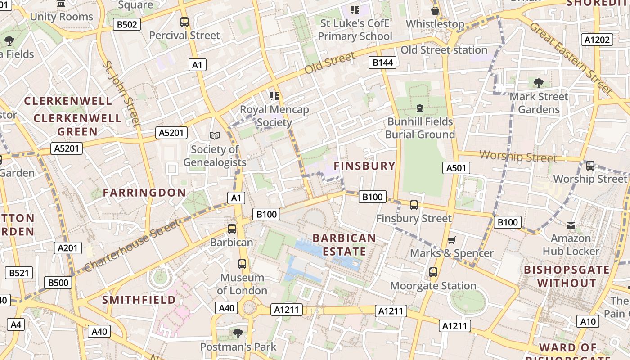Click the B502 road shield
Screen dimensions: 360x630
click(126, 24)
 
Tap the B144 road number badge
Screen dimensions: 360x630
click(383, 63)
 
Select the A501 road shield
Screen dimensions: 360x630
click(456, 168)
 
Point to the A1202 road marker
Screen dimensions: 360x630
click(597, 40)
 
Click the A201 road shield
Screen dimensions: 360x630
click(68, 247)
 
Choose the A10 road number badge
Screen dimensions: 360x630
click(588, 321)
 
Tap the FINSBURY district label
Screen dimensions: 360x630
click(364, 166)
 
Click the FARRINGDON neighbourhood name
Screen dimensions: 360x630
click(144, 193)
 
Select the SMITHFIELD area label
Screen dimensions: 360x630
click(139, 300)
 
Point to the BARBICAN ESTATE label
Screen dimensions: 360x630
click(344, 244)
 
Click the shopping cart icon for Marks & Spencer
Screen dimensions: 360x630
click(451, 240)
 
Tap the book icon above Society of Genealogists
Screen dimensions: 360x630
click(215, 135)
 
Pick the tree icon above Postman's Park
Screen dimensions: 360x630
click(238, 333)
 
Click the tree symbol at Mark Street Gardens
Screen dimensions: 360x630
click(538, 83)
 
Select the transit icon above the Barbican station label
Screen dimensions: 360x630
click(232, 229)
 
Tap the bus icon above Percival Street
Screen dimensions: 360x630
click(184, 22)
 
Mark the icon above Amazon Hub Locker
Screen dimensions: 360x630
click(571, 225)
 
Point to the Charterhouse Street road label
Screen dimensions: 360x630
click(131, 245)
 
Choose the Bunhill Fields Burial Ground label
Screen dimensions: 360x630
click(420, 128)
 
